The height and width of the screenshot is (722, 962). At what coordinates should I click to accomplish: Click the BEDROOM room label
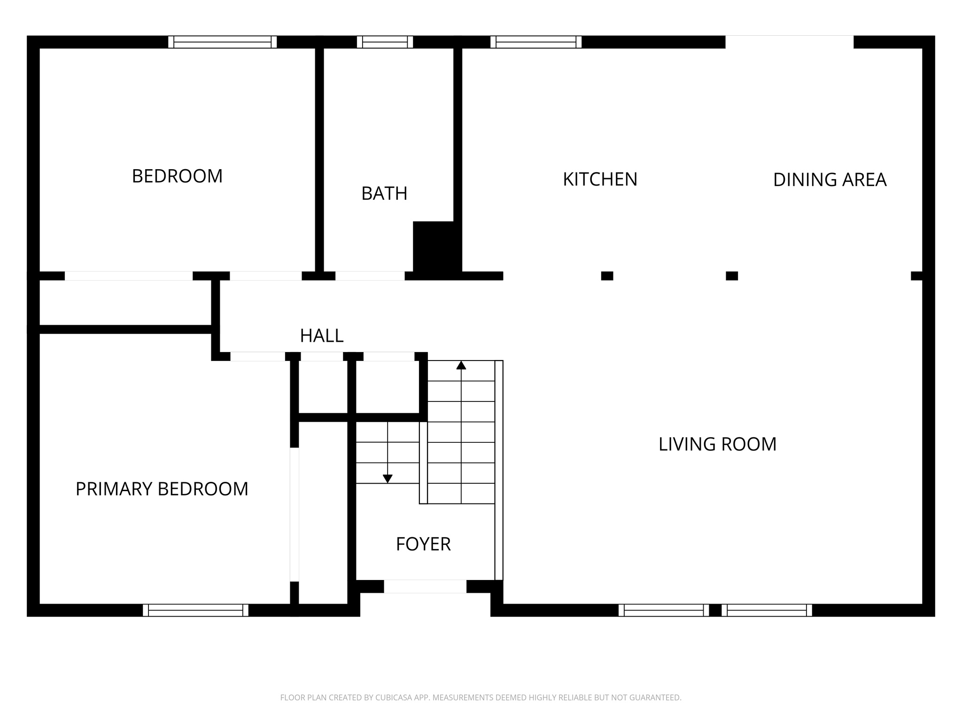[x=177, y=176]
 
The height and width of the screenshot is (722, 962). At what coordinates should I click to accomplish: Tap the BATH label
[x=384, y=194]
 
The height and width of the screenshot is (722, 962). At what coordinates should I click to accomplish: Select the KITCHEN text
[x=600, y=180]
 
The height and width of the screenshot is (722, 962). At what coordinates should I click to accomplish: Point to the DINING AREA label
[x=830, y=180]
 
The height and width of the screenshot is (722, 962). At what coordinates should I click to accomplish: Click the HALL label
[x=322, y=336]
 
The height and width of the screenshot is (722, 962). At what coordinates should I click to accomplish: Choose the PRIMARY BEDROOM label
[x=162, y=489]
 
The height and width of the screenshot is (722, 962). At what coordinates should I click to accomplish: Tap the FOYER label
[x=423, y=544]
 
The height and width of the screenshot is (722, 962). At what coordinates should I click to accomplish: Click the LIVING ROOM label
[x=717, y=444]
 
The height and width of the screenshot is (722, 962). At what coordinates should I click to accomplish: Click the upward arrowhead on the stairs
[x=461, y=365]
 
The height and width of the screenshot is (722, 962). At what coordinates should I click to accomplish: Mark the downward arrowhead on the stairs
[x=388, y=479]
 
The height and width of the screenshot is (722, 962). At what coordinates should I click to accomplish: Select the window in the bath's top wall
[x=385, y=42]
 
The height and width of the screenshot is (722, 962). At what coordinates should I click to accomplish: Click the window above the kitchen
[x=536, y=42]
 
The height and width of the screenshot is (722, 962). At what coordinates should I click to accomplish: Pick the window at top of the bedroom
[x=222, y=42]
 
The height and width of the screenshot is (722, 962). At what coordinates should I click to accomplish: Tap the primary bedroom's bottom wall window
[x=195, y=610]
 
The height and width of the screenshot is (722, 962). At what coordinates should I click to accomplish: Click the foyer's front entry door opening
[x=425, y=586]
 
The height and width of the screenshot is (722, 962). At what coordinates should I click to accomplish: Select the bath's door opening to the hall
[x=370, y=276]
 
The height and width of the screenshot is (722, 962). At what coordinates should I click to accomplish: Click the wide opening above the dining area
[x=789, y=42]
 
